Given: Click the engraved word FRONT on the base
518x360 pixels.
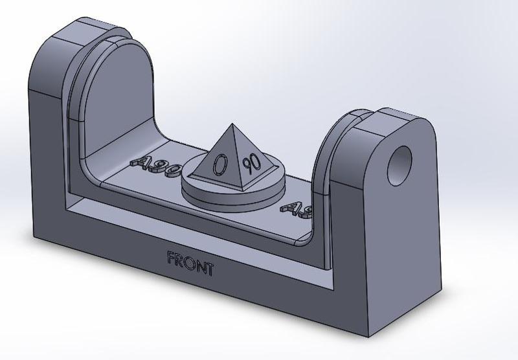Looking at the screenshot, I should pos(190,264).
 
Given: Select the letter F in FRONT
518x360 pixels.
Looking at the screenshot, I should pos(172,259).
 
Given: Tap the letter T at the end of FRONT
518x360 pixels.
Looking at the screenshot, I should pos(208,269).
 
